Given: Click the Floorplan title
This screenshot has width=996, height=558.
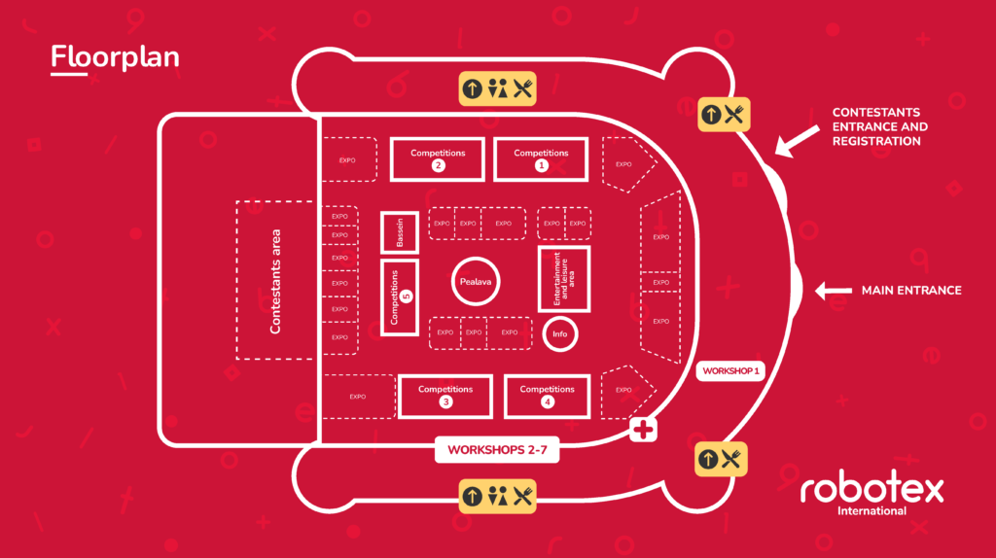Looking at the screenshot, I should (115, 57).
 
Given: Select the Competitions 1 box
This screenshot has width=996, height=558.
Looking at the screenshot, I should (541, 158).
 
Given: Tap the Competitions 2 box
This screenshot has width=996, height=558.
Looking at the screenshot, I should (438, 158).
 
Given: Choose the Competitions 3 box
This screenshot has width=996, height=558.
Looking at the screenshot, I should (445, 395).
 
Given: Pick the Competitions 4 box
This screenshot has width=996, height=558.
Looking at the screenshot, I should (548, 395).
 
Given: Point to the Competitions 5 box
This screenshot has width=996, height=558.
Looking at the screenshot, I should (399, 296).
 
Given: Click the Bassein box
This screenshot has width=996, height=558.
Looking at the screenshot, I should (399, 233).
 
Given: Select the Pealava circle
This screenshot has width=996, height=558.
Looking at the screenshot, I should (477, 283).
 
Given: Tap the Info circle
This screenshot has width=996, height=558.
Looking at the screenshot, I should (559, 334).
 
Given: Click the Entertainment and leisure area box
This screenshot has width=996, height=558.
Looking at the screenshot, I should (564, 278).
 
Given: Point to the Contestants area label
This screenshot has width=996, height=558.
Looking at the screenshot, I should (275, 282).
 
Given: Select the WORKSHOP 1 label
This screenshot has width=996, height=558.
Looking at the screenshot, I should (730, 370).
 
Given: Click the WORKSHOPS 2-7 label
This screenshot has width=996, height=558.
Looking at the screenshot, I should (496, 450).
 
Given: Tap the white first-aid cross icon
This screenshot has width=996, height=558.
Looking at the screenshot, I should (644, 429).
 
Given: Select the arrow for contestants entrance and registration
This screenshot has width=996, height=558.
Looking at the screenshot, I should (799, 142).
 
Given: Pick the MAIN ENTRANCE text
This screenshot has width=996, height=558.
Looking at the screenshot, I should (910, 290).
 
